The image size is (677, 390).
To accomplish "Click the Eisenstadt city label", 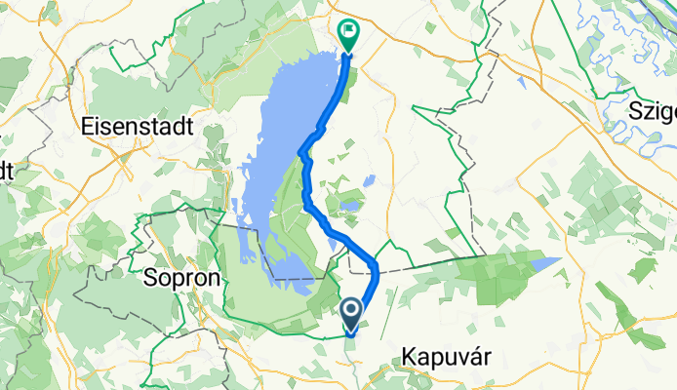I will click(x=139, y=127).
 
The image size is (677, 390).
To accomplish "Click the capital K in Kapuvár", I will click(x=409, y=360).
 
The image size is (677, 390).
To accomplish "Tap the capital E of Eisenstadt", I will click(x=90, y=127).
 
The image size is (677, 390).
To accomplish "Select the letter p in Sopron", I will click(x=179, y=280).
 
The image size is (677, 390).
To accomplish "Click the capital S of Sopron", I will click(x=151, y=278).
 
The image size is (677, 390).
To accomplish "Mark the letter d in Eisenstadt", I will click(x=178, y=127).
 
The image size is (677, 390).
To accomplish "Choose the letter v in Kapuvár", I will click(x=460, y=361).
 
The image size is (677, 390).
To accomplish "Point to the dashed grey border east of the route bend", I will click(x=429, y=263).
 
